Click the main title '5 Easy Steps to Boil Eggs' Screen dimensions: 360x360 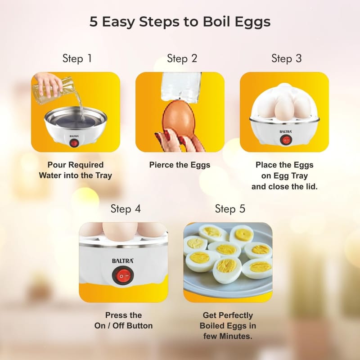tap(180, 22)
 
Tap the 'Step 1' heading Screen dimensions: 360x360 tap(77, 58)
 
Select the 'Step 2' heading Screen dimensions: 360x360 tap(182, 58)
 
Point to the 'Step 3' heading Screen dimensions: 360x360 tap(287, 58)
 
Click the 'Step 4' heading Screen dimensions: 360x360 tap(126, 209)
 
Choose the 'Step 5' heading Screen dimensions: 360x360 tap(230, 209)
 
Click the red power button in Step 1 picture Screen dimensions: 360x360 tap(74, 144)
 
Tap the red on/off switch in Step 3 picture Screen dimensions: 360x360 tap(285, 140)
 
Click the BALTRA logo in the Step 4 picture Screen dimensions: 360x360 tap(122, 261)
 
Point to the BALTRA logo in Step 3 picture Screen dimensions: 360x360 tap(286, 131)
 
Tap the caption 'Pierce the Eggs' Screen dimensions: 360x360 tap(180, 165)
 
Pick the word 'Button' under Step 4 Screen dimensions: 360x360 tap(139, 325)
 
